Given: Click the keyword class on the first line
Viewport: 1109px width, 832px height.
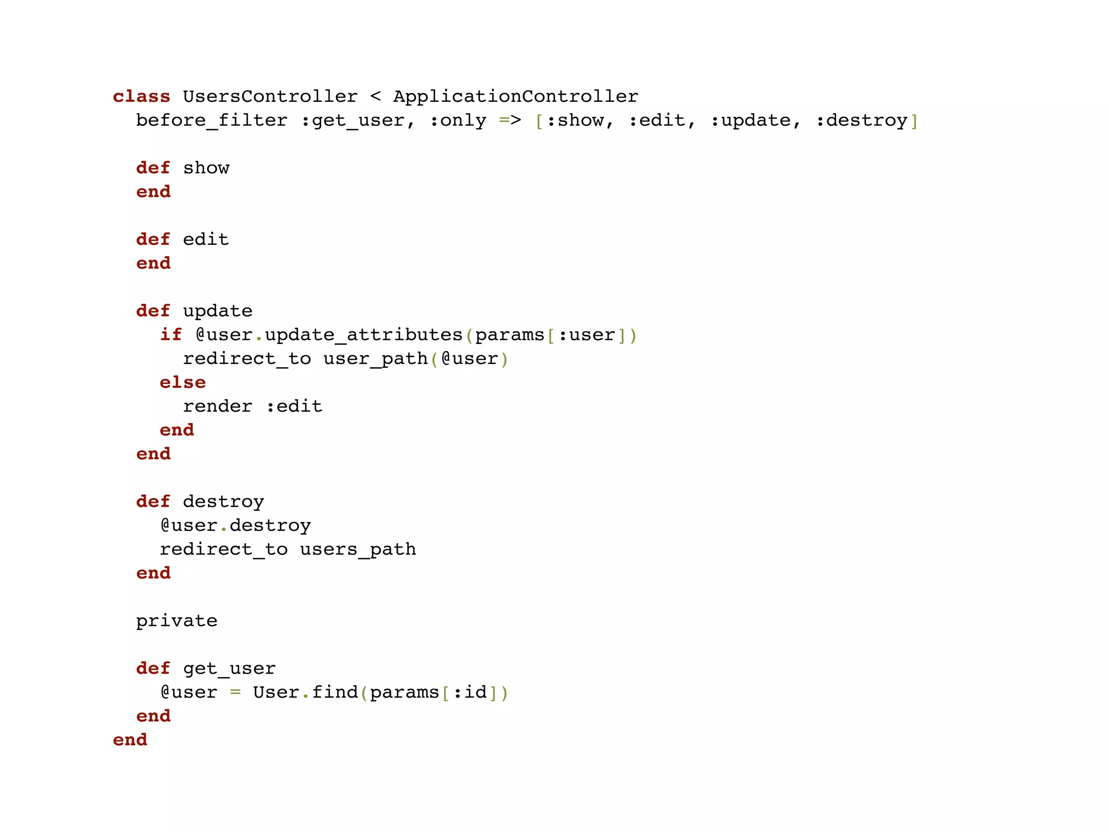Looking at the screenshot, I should (x=141, y=96).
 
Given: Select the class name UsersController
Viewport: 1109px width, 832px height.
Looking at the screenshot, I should (x=270, y=96).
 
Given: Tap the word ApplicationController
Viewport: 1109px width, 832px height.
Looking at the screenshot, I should (x=516, y=96).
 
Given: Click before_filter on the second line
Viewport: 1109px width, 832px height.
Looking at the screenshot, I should (x=212, y=120).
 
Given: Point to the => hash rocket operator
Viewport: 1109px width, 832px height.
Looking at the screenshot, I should (x=510, y=120).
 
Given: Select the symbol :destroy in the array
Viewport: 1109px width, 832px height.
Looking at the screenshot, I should (x=861, y=120).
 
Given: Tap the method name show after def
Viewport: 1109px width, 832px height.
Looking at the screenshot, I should (x=206, y=168).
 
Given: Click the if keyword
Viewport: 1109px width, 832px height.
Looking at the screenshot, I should (x=171, y=335).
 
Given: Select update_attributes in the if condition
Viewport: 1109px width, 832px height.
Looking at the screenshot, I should (x=363, y=335).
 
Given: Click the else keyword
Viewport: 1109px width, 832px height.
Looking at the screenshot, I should (x=182, y=382).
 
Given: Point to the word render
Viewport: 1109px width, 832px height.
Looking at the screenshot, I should (x=217, y=406).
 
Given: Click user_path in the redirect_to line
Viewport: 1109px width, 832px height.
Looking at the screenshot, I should (x=375, y=359).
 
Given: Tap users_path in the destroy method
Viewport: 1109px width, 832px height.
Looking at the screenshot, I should (x=358, y=549).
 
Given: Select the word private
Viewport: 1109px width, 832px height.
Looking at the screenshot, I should (x=177, y=621).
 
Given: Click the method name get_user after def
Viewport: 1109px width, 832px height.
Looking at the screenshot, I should (x=229, y=668).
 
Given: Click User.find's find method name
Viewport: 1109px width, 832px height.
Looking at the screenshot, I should (x=335, y=692).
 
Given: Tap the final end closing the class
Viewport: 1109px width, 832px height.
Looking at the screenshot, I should (x=130, y=740).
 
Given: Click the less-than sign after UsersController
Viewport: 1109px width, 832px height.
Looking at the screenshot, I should (x=375, y=96).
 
